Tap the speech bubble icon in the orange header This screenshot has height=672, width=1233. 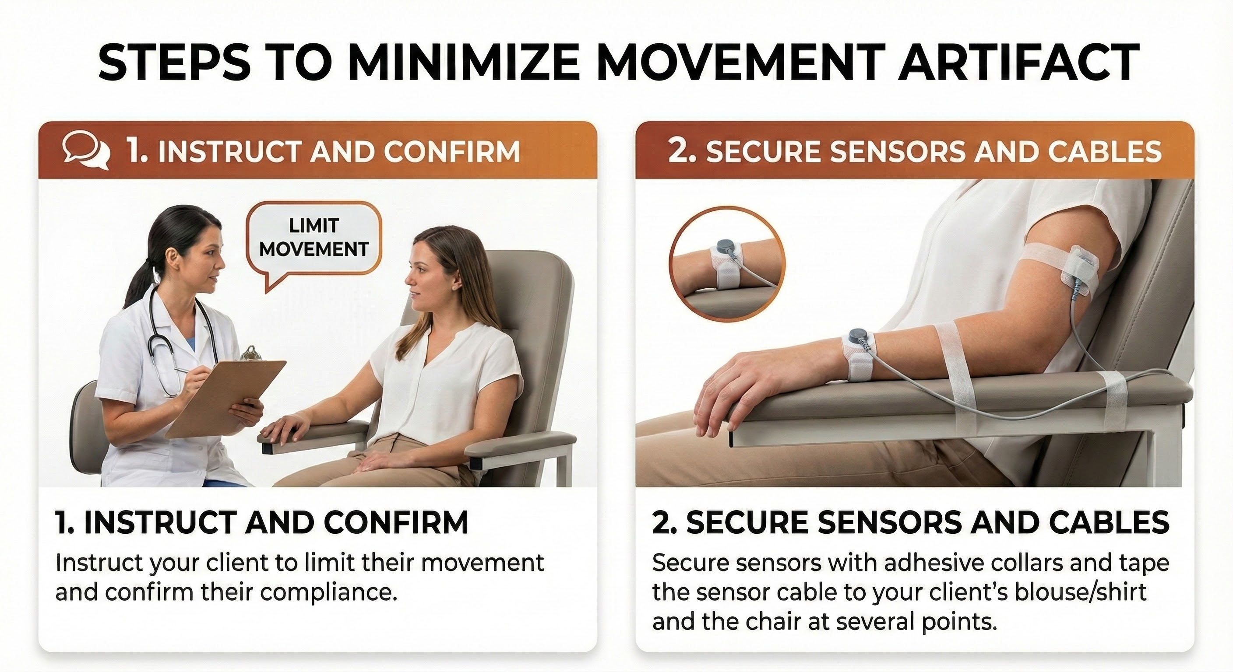pyautogui.click(x=85, y=151)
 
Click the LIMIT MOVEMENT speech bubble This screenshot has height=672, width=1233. pyautogui.click(x=314, y=238)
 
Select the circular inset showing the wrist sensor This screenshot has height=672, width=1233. pyautogui.click(x=726, y=263)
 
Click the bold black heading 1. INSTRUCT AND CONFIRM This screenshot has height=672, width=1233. pyautogui.click(x=261, y=522)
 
